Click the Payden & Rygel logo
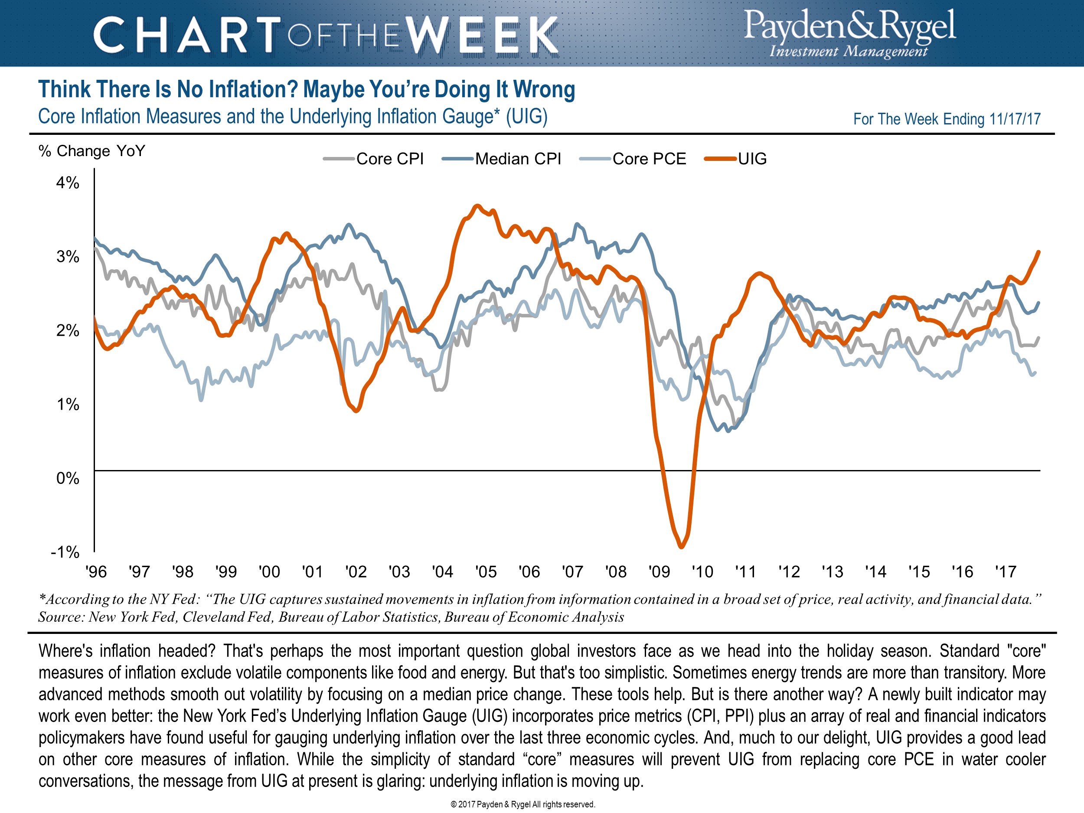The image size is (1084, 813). pos(850,33)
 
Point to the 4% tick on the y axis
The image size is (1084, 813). pos(68,183)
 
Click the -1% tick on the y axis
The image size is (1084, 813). pos(65,552)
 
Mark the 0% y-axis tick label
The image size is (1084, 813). pos(68,478)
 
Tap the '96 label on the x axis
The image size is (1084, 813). pos(96,571)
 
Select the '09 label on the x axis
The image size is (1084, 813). pos(659,571)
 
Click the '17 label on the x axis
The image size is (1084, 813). pos(1006,571)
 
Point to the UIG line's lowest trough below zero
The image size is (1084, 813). pos(681,547)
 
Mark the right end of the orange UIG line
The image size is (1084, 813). pos(1039,252)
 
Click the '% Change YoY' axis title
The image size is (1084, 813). pos(91,151)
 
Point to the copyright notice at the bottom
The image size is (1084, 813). pos(522,804)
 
